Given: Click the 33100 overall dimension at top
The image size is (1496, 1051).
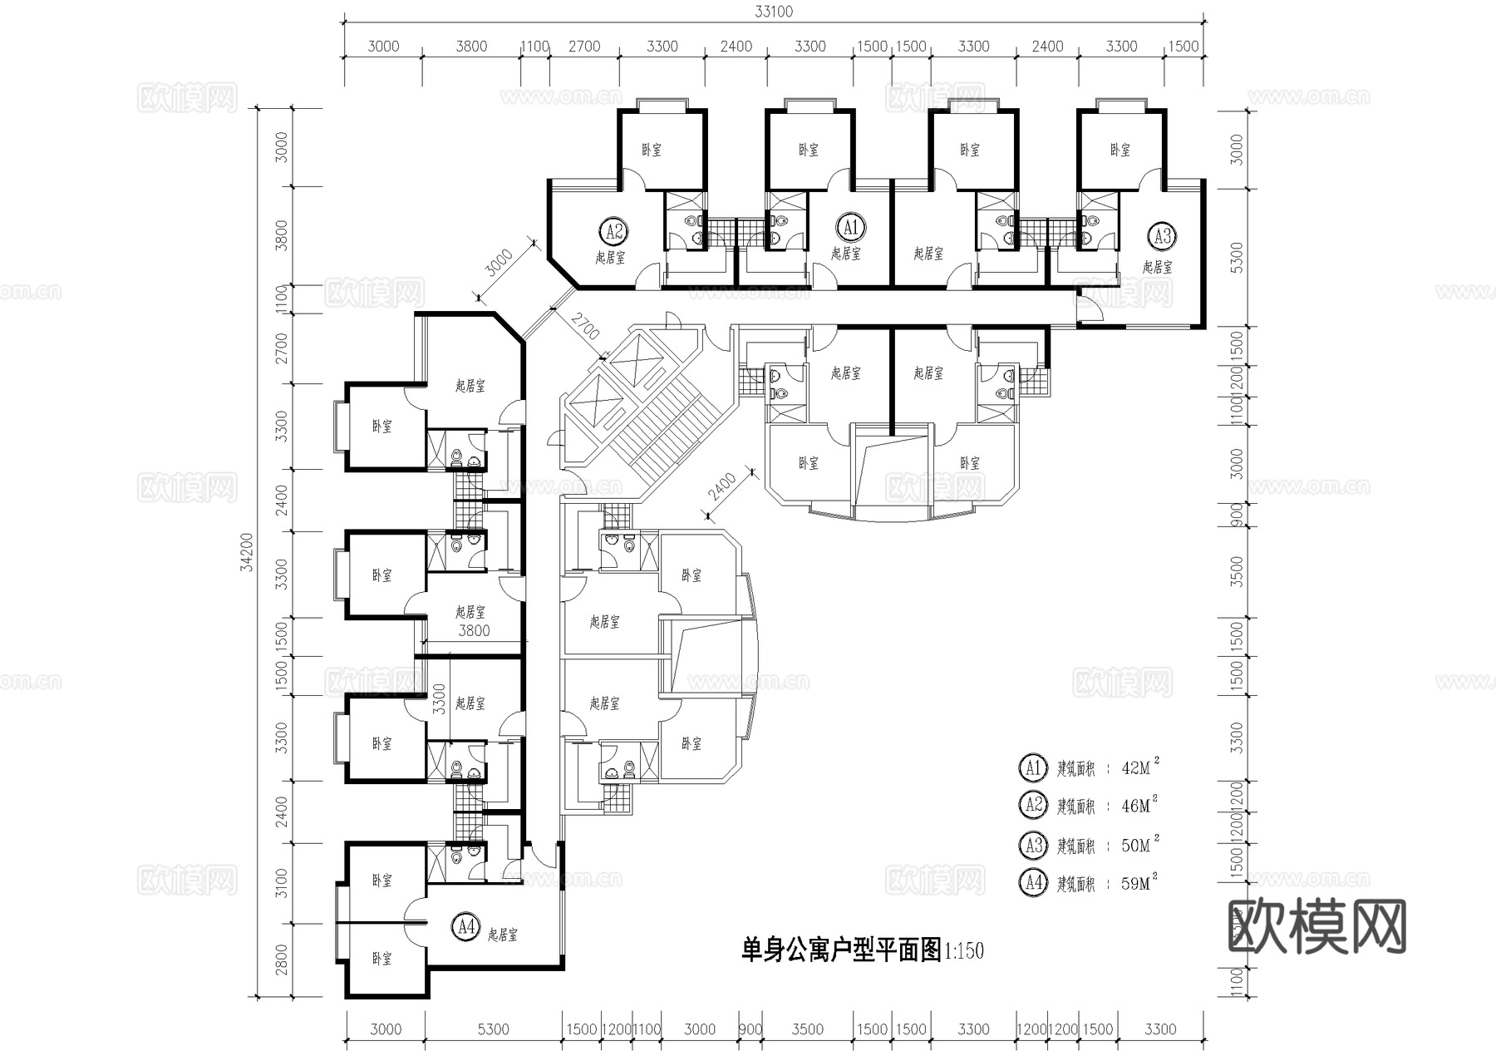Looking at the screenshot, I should (773, 12).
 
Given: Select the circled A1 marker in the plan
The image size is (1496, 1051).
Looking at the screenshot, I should (849, 226).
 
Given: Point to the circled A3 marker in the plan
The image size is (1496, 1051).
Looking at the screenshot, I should (1161, 236).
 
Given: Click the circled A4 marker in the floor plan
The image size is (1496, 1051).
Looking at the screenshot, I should (465, 925).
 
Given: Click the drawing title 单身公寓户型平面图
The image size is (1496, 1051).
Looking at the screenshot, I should (840, 950).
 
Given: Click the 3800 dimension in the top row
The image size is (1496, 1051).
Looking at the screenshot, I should (471, 47).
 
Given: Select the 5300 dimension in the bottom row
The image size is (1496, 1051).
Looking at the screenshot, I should (493, 1029).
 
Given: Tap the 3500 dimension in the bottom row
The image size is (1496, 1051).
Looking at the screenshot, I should (807, 1029).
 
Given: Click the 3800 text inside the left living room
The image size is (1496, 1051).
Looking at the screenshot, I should (474, 631).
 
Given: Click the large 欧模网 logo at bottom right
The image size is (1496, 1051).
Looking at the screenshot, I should (1316, 926).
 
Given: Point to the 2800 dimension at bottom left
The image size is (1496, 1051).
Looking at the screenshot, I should (282, 960).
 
